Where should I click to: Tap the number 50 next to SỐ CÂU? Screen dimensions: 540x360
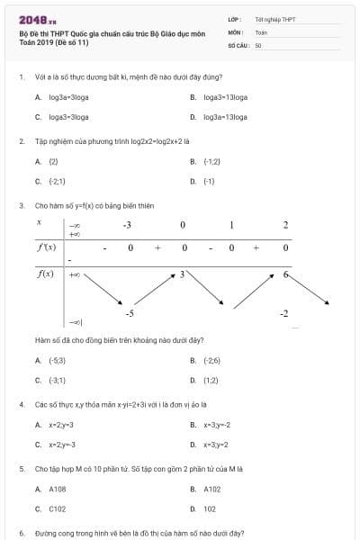click(258, 43)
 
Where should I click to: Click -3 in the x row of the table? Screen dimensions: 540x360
click(128, 224)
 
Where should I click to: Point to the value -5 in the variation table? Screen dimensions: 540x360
click(130, 312)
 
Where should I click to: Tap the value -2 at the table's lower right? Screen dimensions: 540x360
click(284, 312)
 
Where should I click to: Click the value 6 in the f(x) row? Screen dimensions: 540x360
click(285, 274)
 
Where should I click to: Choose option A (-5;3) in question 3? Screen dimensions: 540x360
click(53, 360)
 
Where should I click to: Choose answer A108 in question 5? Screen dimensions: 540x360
click(54, 489)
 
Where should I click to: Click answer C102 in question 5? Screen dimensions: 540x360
click(54, 508)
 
